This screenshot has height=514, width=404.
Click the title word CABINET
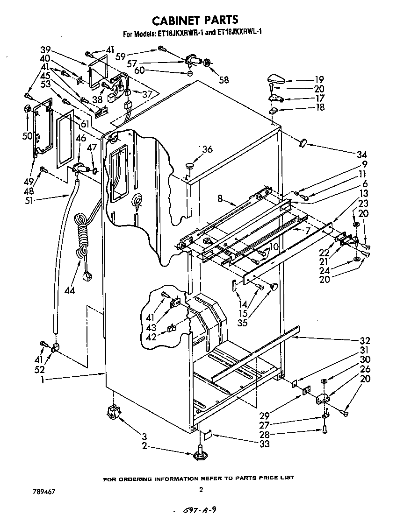tap(176, 20)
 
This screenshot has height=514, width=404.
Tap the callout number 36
tap(207, 149)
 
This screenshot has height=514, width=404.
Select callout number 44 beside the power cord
tap(70, 290)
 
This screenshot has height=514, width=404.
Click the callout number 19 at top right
tap(332, 79)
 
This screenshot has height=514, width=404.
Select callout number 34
tap(361, 155)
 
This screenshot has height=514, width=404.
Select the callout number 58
tap(224, 80)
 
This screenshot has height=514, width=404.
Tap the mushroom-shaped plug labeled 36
tap(190, 165)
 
